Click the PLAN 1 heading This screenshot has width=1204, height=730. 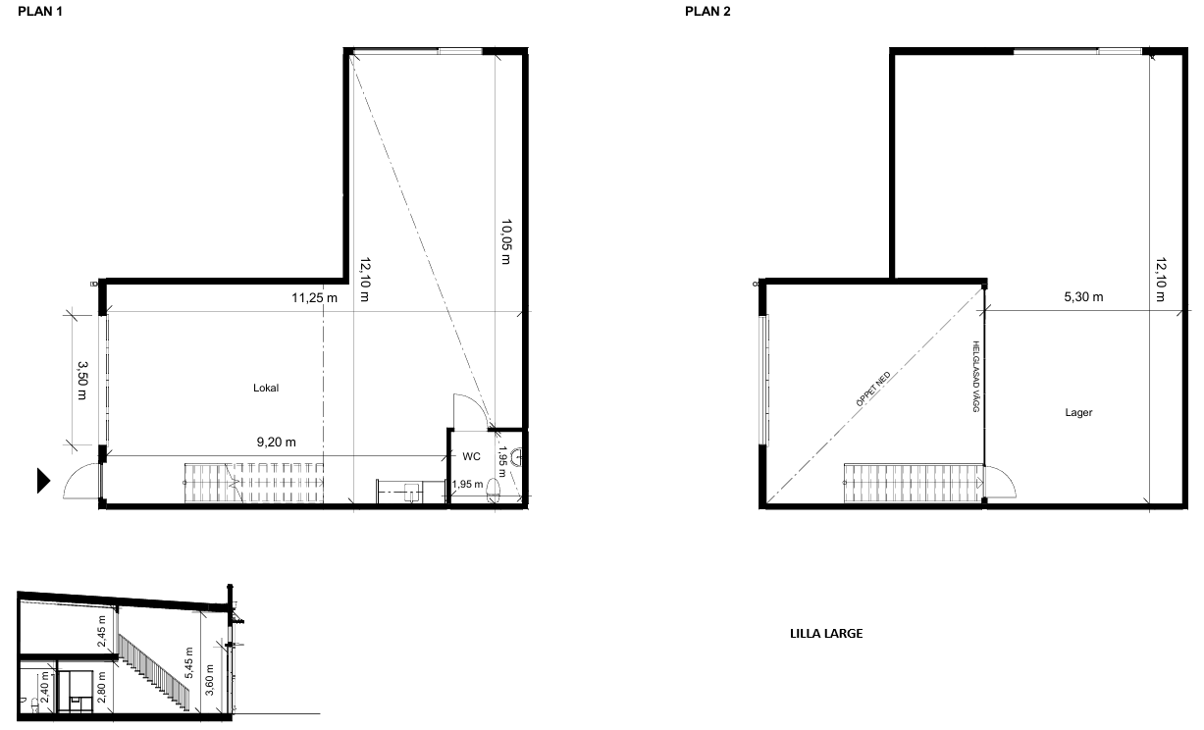[40, 12]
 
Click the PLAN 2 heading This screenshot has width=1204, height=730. [707, 12]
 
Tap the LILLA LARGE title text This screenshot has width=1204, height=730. [826, 633]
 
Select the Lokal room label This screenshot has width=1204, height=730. [266, 388]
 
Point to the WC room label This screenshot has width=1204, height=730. [471, 456]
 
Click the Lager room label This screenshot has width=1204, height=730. [1078, 412]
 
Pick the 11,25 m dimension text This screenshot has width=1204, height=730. [314, 298]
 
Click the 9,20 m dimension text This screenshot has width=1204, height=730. [277, 442]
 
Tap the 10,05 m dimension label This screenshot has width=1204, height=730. [505, 241]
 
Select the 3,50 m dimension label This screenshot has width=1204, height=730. [82, 380]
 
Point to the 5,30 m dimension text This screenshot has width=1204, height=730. [1083, 296]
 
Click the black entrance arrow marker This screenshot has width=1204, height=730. [43, 481]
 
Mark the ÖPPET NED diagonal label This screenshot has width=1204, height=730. [873, 389]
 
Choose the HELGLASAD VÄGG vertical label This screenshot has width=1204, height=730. [976, 377]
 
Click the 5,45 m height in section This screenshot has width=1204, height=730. [188, 663]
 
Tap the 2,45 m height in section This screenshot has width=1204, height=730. [102, 631]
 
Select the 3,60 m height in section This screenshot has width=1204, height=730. [210, 680]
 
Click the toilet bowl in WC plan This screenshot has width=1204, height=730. [493, 491]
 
